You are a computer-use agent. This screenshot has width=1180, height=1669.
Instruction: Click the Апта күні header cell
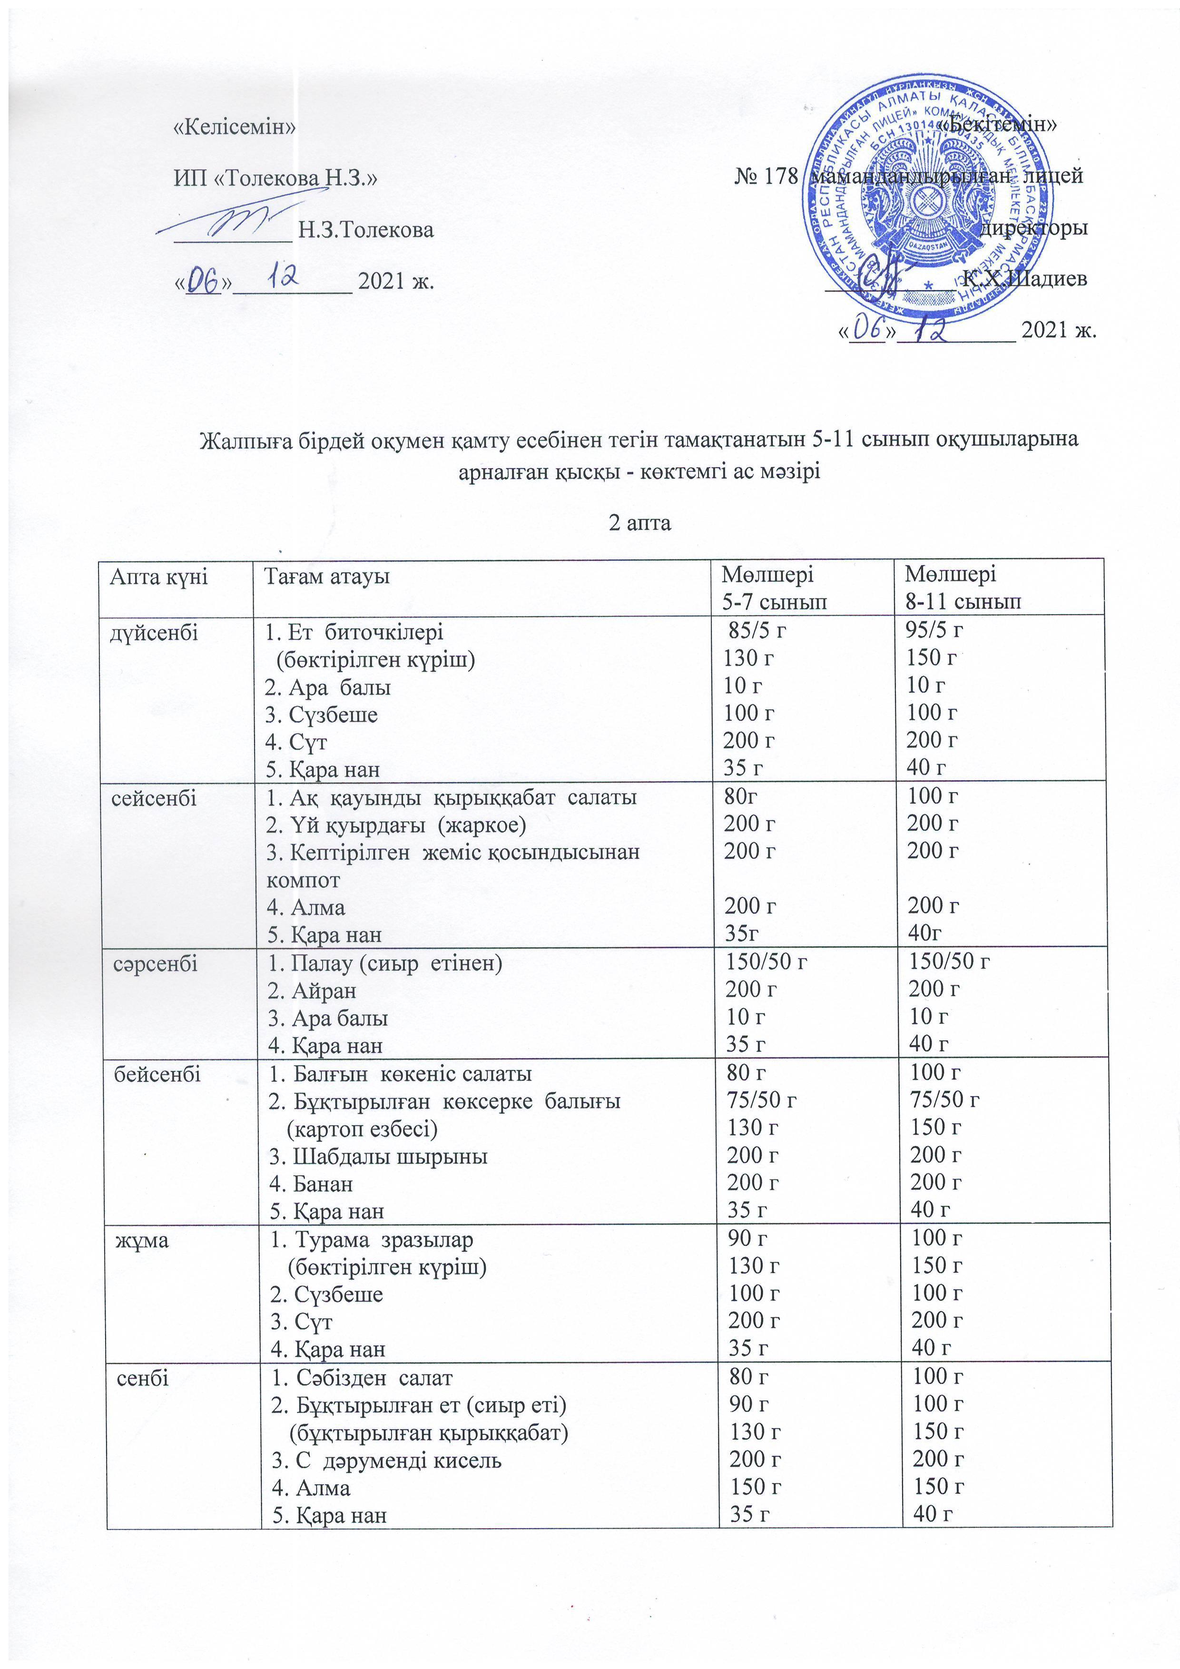pyautogui.click(x=158, y=577)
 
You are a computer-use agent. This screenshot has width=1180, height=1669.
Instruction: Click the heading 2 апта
pyautogui.click(x=640, y=523)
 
